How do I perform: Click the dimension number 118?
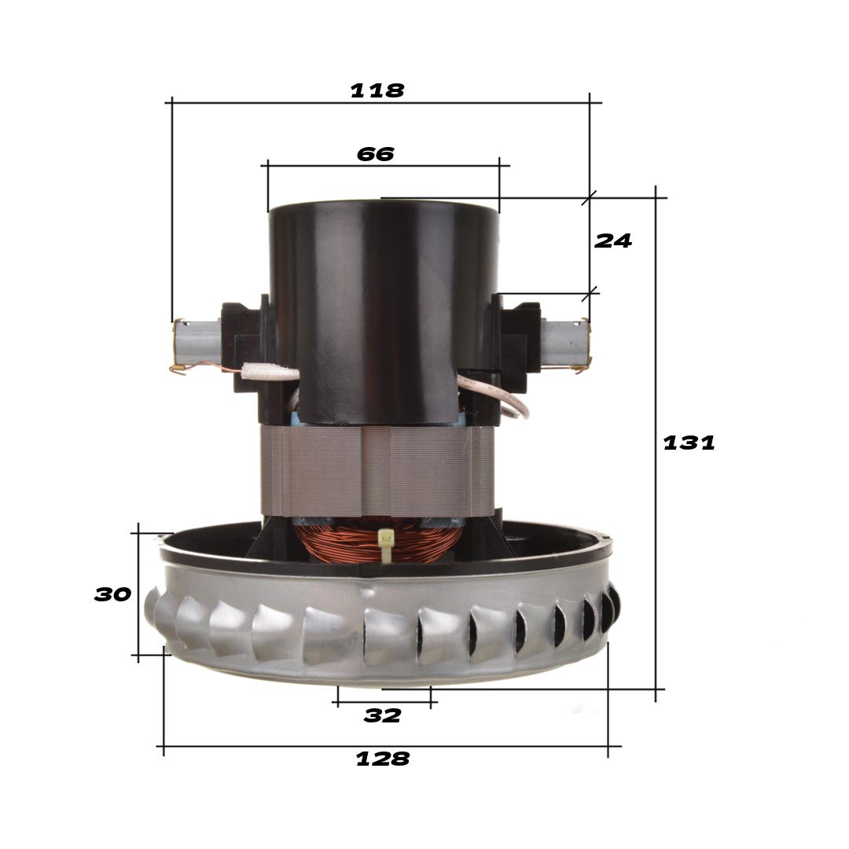pyautogui.click(x=377, y=90)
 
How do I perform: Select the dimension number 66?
pyautogui.click(x=375, y=154)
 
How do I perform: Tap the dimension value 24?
pyautogui.click(x=612, y=241)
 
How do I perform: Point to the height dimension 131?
pyautogui.click(x=689, y=443)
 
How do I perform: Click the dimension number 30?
pyautogui.click(x=112, y=594)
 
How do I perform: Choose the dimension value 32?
pyautogui.click(x=382, y=715)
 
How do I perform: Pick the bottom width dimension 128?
pyautogui.click(x=383, y=759)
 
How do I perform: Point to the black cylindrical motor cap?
pyautogui.click(x=384, y=307)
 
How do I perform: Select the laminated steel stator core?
pyautogui.click(x=377, y=470)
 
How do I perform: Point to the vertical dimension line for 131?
pyautogui.click(x=656, y=550)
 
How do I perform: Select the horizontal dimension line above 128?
pyautogui.click(x=385, y=746)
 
